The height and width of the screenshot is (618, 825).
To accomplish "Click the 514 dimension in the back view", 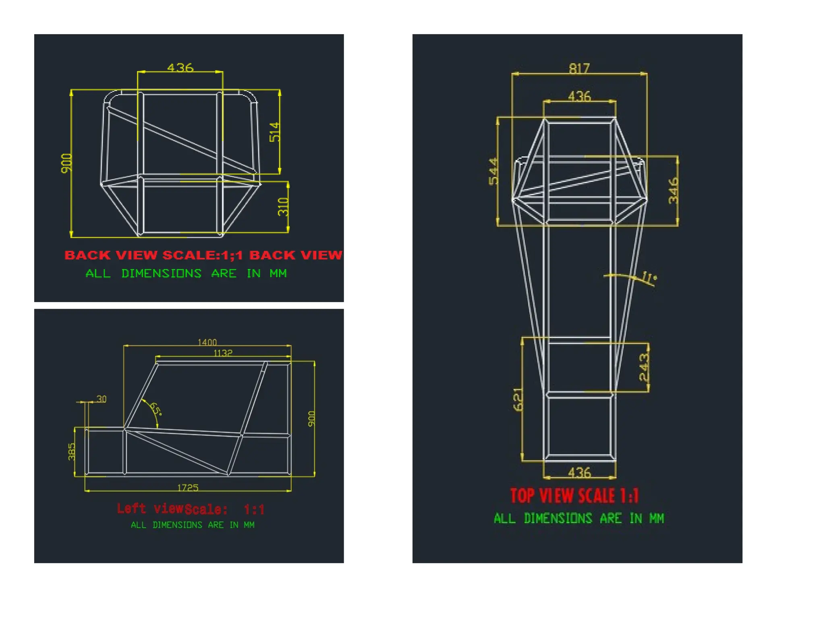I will pyautogui.click(x=274, y=132).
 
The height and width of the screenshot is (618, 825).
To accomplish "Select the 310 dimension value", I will pyautogui.click(x=283, y=206).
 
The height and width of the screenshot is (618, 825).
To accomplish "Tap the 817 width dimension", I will pyautogui.click(x=579, y=68).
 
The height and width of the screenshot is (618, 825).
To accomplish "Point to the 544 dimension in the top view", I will pyautogui.click(x=493, y=171).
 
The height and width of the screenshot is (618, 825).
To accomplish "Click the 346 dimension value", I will pyautogui.click(x=673, y=191).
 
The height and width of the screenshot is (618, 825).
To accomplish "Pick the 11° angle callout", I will pyautogui.click(x=649, y=277).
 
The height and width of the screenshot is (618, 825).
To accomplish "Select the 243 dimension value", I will pyautogui.click(x=644, y=367).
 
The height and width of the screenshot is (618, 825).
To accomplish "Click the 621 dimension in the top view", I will pyautogui.click(x=518, y=399).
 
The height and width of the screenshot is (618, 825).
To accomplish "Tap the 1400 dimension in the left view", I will pyautogui.click(x=207, y=342).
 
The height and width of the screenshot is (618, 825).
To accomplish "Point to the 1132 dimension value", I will pyautogui.click(x=223, y=353).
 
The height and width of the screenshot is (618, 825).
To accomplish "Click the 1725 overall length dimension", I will pyautogui.click(x=188, y=488).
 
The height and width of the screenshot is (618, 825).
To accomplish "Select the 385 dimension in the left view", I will pyautogui.click(x=72, y=451).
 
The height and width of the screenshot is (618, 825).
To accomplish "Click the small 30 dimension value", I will pyautogui.click(x=102, y=399).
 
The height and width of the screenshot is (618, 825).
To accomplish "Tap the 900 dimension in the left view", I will pyautogui.click(x=311, y=419).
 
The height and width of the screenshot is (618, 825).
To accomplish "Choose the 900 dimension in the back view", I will pyautogui.click(x=66, y=163).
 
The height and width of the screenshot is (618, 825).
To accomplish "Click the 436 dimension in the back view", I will pyautogui.click(x=180, y=67).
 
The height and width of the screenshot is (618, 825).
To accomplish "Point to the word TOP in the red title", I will pyautogui.click(x=522, y=496).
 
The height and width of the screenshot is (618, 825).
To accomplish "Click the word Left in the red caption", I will pyautogui.click(x=131, y=508).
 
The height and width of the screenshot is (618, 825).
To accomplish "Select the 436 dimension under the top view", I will pyautogui.click(x=579, y=472).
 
